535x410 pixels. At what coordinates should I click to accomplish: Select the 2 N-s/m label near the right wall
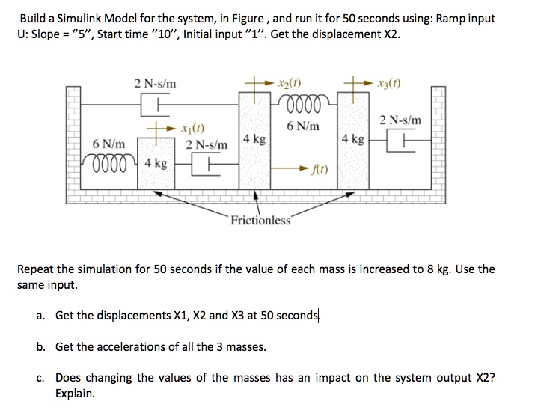[400, 120]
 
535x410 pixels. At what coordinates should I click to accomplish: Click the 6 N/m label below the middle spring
[303, 126]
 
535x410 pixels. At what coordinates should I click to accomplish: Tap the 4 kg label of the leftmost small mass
[156, 162]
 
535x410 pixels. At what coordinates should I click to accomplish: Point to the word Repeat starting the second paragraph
[37, 269]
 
